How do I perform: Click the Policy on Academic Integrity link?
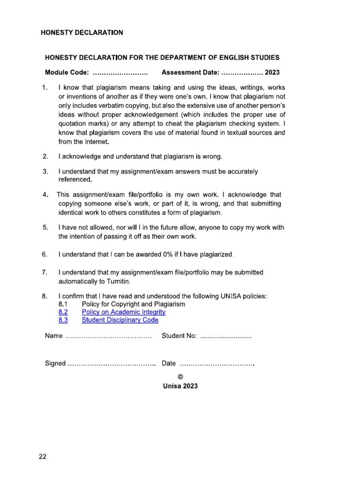(x=123, y=312)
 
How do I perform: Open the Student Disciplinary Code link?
(x=120, y=320)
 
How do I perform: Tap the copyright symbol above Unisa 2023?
(x=180, y=376)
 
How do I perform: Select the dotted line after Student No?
(x=226, y=337)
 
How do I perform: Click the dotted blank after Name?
(x=109, y=337)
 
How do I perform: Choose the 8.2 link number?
(x=63, y=312)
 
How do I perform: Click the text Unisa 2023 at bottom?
(x=180, y=386)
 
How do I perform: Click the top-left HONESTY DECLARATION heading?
(x=82, y=33)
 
